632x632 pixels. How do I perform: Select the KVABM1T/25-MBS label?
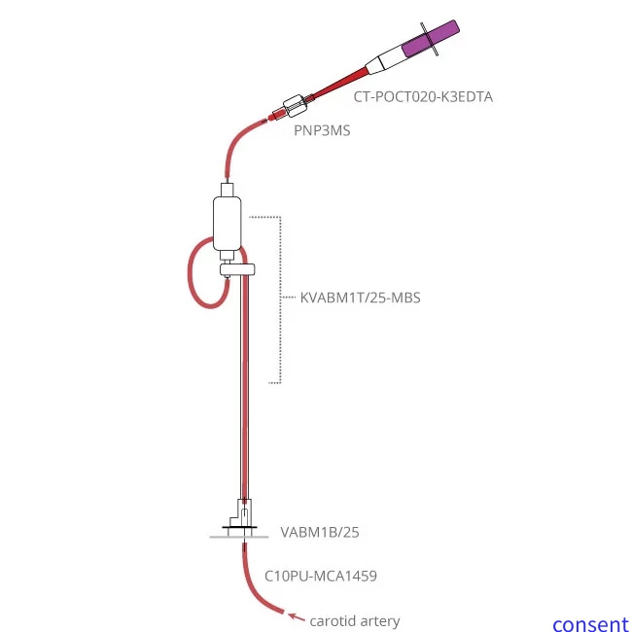pos(360,298)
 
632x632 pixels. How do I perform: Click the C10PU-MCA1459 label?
pos(321,576)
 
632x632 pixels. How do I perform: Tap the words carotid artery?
pos(355,620)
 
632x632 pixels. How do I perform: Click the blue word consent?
pos(590,624)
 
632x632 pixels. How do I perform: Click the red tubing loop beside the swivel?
pos(192,277)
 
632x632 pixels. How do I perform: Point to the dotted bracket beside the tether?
pos(280,298)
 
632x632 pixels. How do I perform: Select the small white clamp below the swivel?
pos(237,270)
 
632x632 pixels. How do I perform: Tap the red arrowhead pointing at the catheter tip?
pos(293,614)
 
